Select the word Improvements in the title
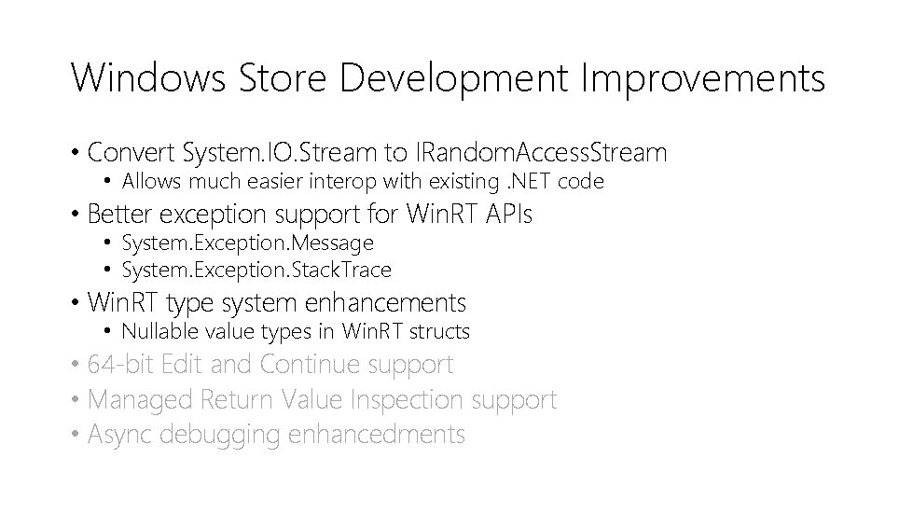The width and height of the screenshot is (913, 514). pyautogui.click(x=703, y=78)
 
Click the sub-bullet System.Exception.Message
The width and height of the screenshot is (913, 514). pyautogui.click(x=247, y=243)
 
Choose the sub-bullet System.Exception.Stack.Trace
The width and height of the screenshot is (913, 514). pyautogui.click(x=256, y=271)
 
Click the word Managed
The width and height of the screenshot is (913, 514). pyautogui.click(x=140, y=401)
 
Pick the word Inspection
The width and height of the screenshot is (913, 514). pyautogui.click(x=408, y=401)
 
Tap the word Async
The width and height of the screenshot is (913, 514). pyautogui.click(x=120, y=435)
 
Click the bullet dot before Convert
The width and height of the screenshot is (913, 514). pyautogui.click(x=75, y=152)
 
